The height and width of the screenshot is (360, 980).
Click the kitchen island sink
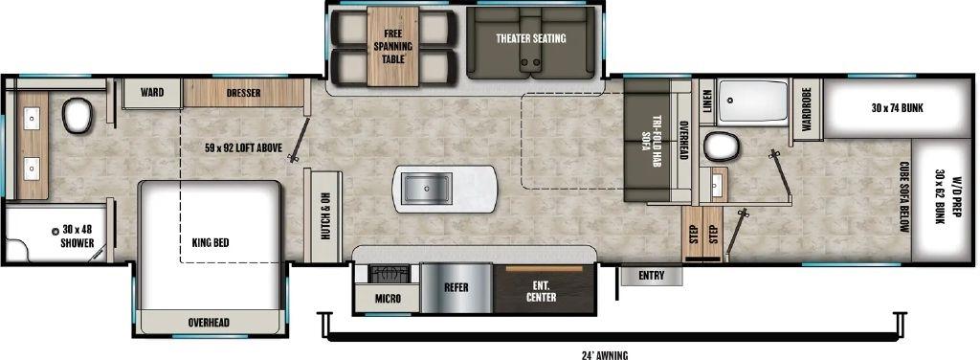[428, 189]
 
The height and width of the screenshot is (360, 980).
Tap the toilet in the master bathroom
[77, 116]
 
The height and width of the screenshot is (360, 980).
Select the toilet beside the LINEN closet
[722, 146]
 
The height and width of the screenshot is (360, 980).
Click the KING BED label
[211, 242]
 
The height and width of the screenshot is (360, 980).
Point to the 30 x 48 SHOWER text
[77, 236]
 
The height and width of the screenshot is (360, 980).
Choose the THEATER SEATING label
[530, 38]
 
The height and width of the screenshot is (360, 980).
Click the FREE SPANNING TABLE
[392, 46]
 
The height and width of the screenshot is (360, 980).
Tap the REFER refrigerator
[457, 288]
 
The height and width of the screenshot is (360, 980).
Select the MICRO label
[389, 299]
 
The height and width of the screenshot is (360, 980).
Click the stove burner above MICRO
[386, 273]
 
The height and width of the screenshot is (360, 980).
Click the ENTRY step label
[651, 275]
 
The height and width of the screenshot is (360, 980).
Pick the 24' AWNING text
[605, 355]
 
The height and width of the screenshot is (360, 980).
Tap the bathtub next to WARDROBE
[752, 101]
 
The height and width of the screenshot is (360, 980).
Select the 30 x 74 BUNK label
[898, 108]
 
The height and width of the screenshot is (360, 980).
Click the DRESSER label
[244, 93]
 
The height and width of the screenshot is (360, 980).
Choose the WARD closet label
[152, 93]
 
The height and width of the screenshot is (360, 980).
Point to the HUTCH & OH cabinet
[323, 216]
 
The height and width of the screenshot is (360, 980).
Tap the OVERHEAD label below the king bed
[209, 323]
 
